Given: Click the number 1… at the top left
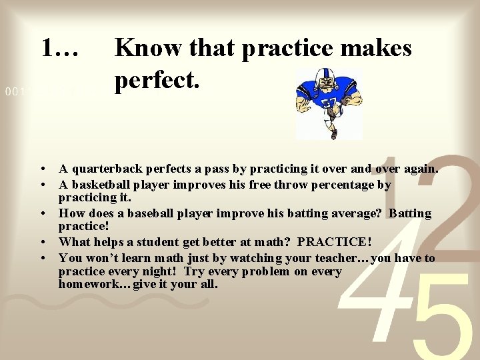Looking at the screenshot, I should pyautogui.click(x=61, y=47).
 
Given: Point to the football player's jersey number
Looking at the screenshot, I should pyautogui.click(x=329, y=105).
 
